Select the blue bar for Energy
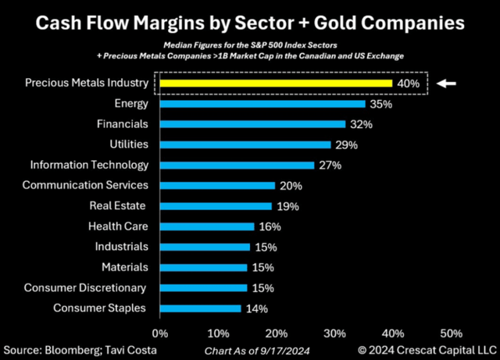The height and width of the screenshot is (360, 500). pos(262,104)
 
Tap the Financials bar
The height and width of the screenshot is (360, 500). pos(252,124)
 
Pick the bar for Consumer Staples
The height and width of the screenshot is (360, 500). pos(200,308)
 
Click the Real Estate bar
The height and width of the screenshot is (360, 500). pos(216,206)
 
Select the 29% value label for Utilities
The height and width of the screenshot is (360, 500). pos(347,145)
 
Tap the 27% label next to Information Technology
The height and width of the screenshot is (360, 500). pos(330,166)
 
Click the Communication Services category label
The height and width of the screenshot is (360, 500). pos(85,186)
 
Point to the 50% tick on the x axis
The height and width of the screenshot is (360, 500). pos(451,333)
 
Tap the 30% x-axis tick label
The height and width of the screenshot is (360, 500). pos(334,333)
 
